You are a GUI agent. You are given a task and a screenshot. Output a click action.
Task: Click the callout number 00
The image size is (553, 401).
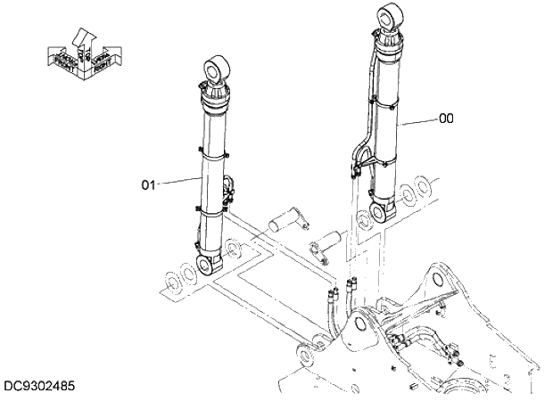tap(445, 117)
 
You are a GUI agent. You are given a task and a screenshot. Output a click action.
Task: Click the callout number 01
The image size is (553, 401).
tap(149, 184)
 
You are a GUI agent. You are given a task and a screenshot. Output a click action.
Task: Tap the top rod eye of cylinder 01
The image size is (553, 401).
tap(217, 67)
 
